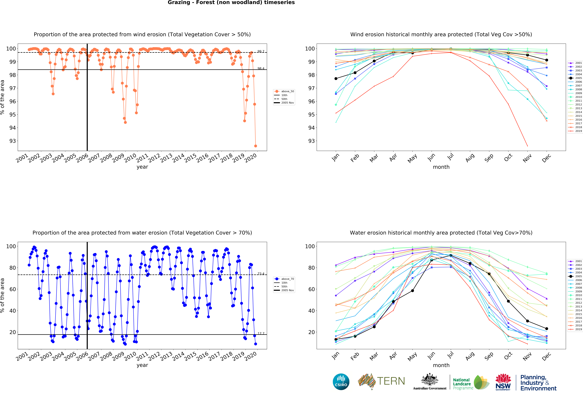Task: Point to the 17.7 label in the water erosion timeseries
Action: (261, 333)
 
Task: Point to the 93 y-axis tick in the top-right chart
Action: (311, 141)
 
